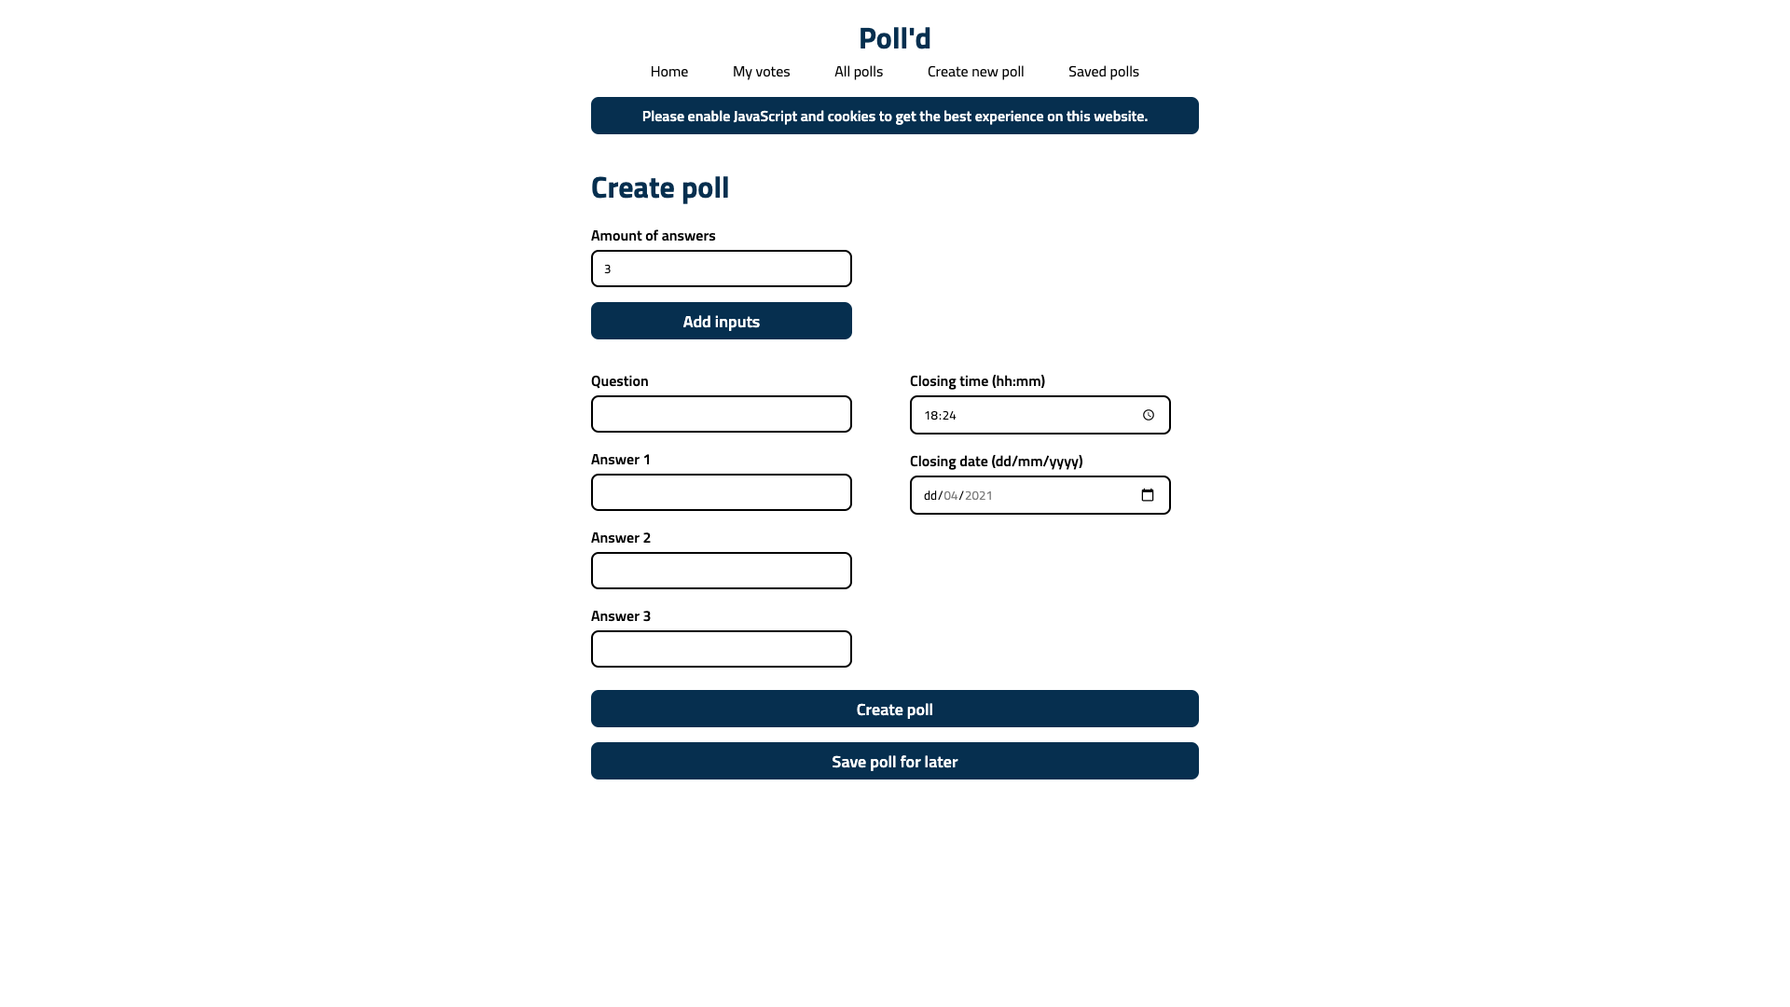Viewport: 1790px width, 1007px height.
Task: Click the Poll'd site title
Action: click(894, 38)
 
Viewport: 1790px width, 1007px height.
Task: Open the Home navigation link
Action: click(668, 72)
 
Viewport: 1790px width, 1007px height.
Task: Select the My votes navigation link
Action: click(761, 72)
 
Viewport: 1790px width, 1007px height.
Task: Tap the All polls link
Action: click(858, 72)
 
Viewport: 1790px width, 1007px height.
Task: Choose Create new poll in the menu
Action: click(975, 72)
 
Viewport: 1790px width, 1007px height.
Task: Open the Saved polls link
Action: click(1103, 72)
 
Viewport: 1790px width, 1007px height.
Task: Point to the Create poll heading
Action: click(660, 187)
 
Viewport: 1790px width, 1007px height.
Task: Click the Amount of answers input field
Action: click(721, 269)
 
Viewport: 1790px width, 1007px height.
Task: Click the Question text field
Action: click(721, 414)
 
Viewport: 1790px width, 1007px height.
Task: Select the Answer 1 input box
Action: click(721, 492)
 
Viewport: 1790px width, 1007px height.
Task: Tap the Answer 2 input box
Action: click(721, 571)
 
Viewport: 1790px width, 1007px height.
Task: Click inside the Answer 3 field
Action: click(721, 649)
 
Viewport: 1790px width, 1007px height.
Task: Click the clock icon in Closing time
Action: click(1149, 416)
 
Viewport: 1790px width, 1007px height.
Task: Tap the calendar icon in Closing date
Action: click(1148, 495)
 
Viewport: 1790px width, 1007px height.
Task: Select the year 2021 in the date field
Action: click(978, 496)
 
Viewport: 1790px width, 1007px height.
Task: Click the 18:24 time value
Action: click(940, 416)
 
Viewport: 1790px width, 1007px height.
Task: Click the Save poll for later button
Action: click(894, 761)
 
